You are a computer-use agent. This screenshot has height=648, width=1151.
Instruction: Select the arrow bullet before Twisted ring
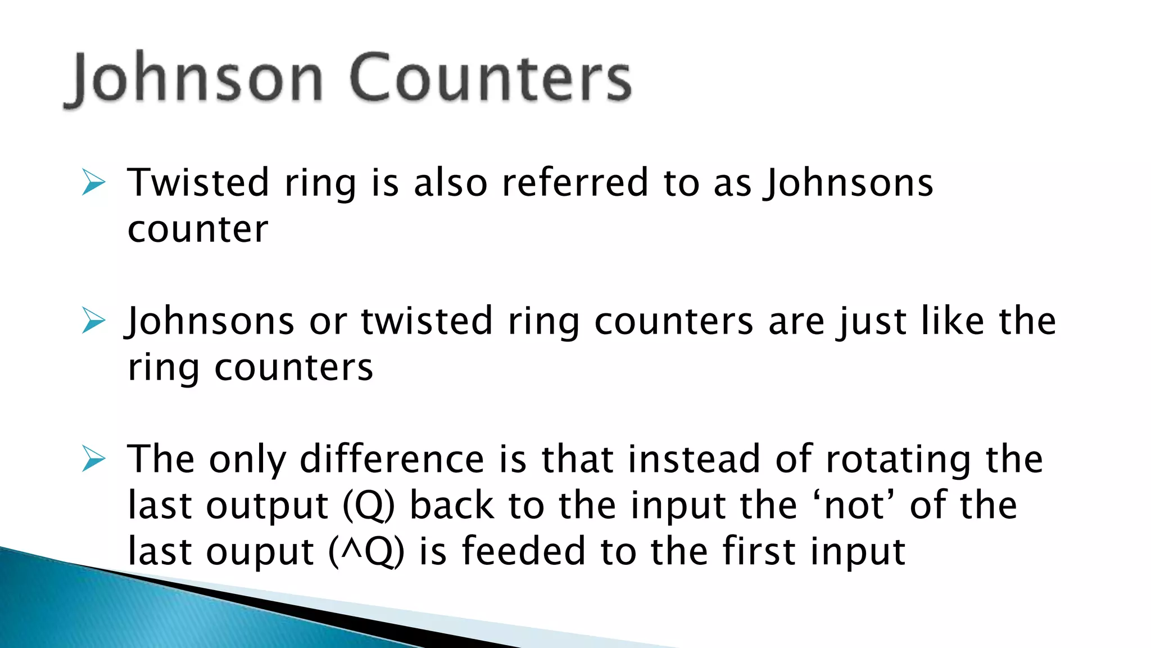[93, 182]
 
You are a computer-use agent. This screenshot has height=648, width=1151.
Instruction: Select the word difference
[392, 459]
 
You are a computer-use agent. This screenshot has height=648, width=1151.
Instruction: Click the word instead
[694, 459]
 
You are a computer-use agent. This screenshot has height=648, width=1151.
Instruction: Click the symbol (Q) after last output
[369, 505]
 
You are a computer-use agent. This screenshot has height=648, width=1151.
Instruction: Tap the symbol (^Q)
[366, 551]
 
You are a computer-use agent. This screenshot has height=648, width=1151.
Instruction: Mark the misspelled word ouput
[260, 552]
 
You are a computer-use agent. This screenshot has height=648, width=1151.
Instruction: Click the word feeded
[524, 551]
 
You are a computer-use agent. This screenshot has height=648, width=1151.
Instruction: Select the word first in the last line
[759, 551]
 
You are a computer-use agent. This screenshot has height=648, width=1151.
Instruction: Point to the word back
[452, 505]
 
